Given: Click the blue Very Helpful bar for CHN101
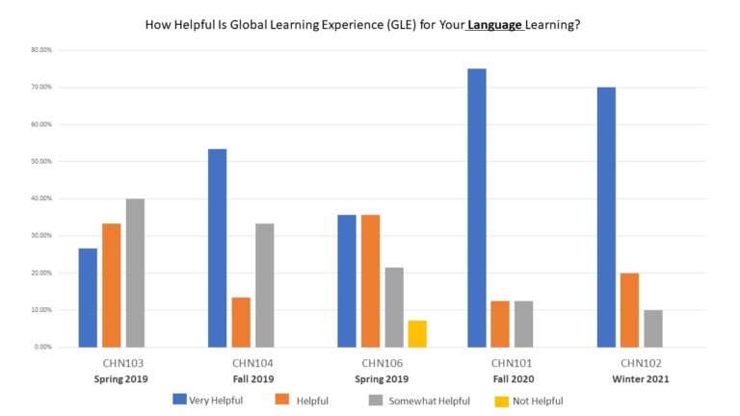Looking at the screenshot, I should (x=476, y=208).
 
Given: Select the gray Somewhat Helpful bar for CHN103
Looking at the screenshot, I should (x=135, y=273).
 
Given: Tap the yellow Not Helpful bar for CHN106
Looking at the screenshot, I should (x=417, y=333).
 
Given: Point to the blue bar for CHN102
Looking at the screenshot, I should (x=606, y=217).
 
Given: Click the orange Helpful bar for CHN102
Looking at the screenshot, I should (x=629, y=309).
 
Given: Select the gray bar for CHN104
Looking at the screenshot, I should (x=264, y=285).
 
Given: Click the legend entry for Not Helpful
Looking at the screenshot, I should (x=532, y=401).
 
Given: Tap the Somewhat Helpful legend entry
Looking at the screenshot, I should (x=425, y=401).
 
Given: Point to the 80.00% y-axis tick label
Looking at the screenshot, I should (x=40, y=50).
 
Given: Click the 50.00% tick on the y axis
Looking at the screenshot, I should (x=40, y=162).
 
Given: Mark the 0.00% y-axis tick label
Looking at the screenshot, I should (x=42, y=347).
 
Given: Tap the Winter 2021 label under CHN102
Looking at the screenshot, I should (x=640, y=378).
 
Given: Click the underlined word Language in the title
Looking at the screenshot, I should (x=494, y=26).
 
